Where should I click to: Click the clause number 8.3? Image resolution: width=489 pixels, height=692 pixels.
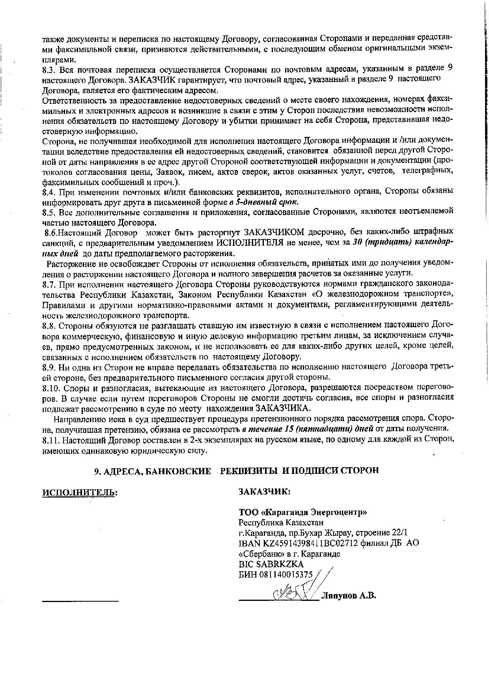click(49, 70)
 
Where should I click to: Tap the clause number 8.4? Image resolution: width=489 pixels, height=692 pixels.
click(49, 192)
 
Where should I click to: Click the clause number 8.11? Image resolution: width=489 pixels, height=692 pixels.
click(51, 439)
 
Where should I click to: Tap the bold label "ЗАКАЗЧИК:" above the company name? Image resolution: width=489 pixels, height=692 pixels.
click(265, 492)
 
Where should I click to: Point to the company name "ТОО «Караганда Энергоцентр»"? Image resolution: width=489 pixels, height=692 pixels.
click(303, 512)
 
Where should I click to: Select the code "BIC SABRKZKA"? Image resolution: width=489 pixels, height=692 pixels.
click(271, 564)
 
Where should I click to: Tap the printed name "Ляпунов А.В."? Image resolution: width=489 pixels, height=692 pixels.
click(349, 596)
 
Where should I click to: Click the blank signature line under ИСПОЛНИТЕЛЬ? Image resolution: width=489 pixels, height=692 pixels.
click(80, 600)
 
